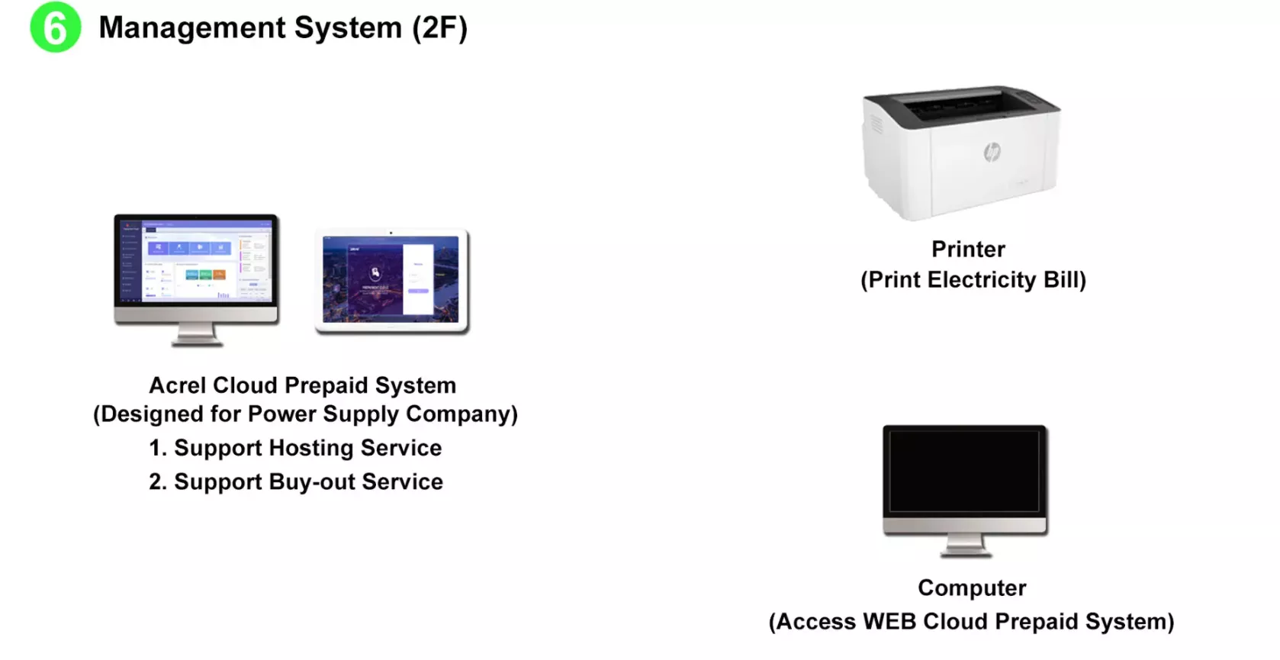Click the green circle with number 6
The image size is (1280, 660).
pyautogui.click(x=55, y=27)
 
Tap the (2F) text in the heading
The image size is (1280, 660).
pyautogui.click(x=439, y=28)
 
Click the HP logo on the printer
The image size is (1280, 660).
pyautogui.click(x=992, y=152)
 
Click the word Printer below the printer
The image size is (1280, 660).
pyautogui.click(x=968, y=250)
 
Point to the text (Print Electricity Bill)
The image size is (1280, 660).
pyautogui.click(x=973, y=280)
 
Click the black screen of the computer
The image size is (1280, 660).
pyautogui.click(x=964, y=471)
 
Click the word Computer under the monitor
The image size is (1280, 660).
pyautogui.click(x=972, y=588)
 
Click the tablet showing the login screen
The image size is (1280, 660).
pyautogui.click(x=391, y=279)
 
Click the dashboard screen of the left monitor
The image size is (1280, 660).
pyautogui.click(x=196, y=259)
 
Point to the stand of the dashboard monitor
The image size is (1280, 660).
pyautogui.click(x=197, y=335)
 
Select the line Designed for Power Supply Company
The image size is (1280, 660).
pyautogui.click(x=305, y=414)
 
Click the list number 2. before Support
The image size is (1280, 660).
pyautogui.click(x=157, y=482)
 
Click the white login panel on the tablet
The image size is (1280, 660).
pyautogui.click(x=418, y=279)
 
